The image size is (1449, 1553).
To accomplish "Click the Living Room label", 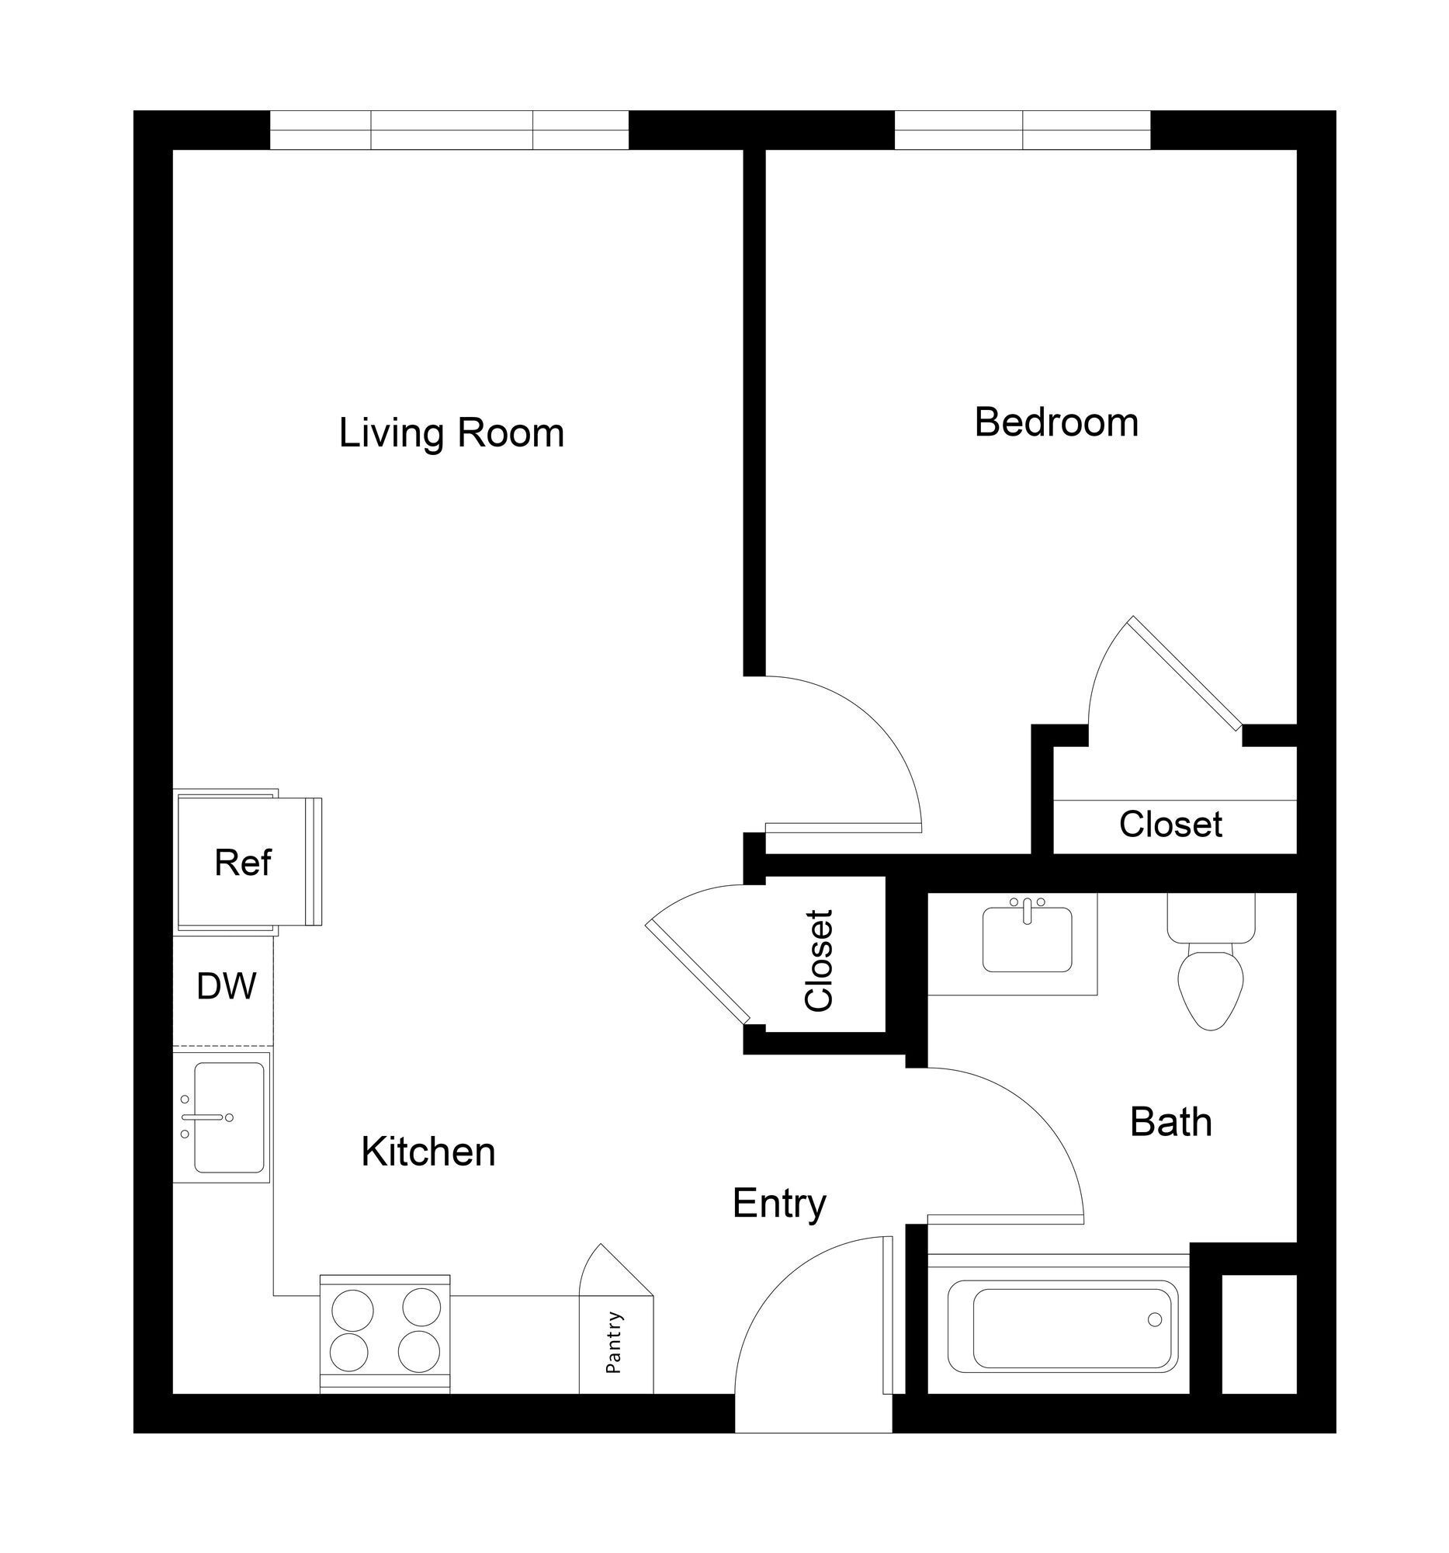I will point(450,433).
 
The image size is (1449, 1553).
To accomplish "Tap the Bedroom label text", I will point(1055,422).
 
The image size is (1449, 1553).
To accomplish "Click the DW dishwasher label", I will point(226,987).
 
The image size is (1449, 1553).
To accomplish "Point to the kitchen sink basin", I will point(228,1117).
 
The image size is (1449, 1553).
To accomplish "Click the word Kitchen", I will point(427,1152).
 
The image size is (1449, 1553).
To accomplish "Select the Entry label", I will point(778,1203).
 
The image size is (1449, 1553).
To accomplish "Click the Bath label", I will point(1170,1123).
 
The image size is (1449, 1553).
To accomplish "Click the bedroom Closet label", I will point(1170,825).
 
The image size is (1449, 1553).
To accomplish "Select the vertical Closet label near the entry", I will point(819,960).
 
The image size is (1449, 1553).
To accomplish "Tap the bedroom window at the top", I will point(1021,130).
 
